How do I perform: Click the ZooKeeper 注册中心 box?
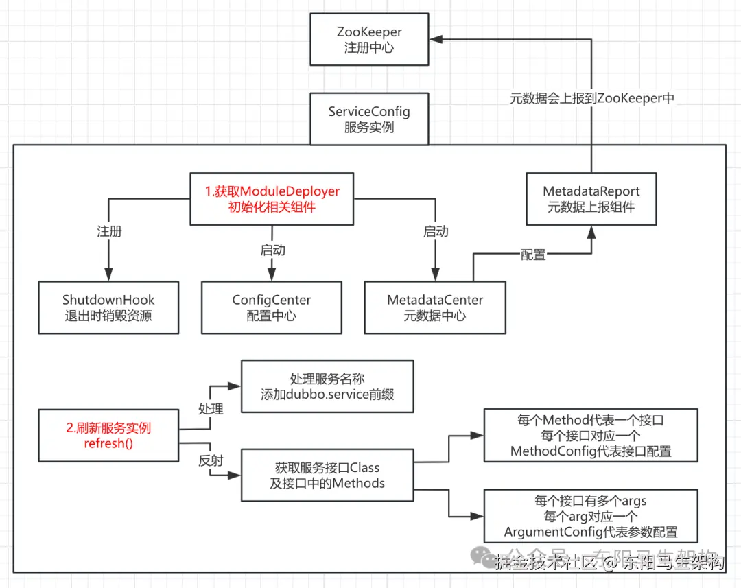[369, 40]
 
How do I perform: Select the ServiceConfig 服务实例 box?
[369, 119]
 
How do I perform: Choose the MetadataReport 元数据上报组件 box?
[591, 199]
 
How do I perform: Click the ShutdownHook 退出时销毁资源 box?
[108, 307]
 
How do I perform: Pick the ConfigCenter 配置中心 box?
[272, 307]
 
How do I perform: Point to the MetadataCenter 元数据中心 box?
[435, 307]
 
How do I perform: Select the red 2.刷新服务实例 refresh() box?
[108, 435]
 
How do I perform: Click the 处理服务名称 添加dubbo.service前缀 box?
[327, 386]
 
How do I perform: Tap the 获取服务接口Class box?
[327, 475]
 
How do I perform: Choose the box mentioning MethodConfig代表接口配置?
[591, 435]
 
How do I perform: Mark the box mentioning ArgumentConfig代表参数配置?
[591, 516]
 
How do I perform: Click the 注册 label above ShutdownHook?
[109, 231]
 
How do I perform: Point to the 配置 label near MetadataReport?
[533, 255]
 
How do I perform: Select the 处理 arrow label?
[211, 408]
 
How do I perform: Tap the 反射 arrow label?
[211, 461]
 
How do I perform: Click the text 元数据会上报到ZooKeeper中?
[591, 98]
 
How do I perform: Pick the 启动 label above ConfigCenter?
[272, 250]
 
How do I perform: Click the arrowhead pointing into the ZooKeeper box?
[436, 40]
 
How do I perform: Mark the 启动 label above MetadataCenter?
[436, 231]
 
